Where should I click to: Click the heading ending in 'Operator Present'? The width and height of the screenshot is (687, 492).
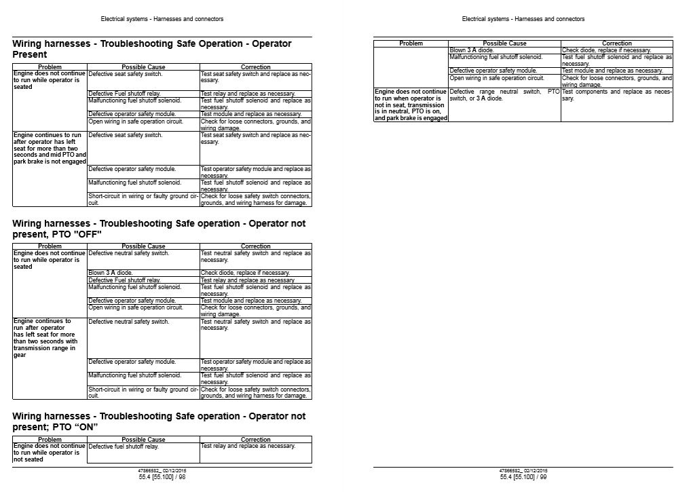(x=152, y=49)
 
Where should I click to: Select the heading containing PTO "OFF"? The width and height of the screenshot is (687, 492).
(x=159, y=229)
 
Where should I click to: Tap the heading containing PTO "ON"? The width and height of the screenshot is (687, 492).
(x=159, y=421)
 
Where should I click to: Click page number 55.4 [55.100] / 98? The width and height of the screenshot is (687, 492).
(x=162, y=477)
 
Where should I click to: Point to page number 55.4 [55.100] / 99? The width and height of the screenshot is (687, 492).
(x=523, y=477)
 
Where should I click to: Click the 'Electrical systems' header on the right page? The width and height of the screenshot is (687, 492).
(x=523, y=19)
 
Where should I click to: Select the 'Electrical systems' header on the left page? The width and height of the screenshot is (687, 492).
(x=162, y=19)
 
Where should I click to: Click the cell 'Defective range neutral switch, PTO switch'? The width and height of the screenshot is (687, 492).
(x=504, y=95)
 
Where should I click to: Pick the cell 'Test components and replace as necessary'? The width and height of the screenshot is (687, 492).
(x=616, y=95)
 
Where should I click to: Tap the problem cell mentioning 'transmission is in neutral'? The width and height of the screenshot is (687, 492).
(x=411, y=105)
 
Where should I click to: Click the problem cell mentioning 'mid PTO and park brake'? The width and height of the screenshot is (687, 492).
(x=50, y=148)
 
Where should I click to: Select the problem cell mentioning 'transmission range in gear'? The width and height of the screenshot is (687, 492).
(x=50, y=337)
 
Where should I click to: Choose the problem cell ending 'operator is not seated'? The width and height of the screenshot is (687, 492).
(x=50, y=453)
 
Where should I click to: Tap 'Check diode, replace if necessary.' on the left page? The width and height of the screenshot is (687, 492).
(x=245, y=273)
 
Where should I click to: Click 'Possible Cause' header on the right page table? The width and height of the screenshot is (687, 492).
(x=504, y=43)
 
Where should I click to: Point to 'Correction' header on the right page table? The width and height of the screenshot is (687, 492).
(x=616, y=43)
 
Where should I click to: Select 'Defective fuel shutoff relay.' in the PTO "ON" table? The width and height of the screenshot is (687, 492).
(x=124, y=447)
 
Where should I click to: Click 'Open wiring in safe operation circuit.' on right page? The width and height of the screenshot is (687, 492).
(x=497, y=78)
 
